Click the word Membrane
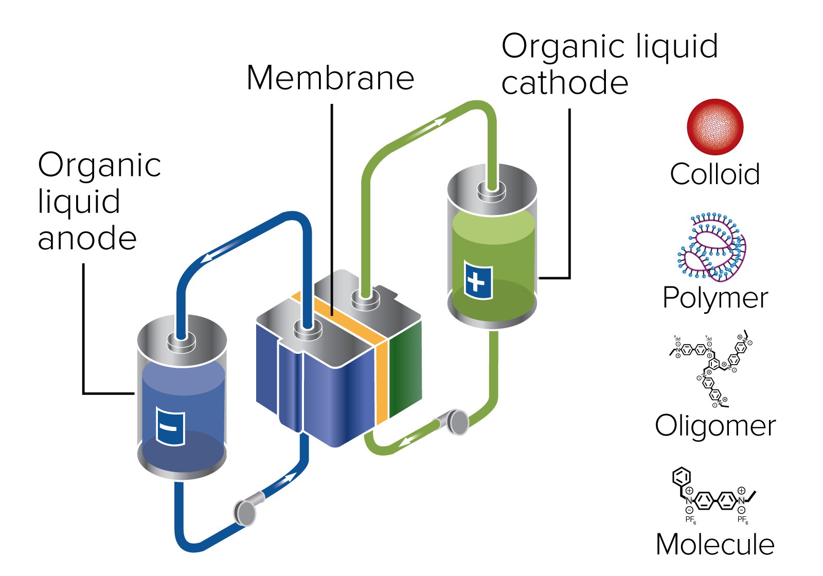pos(330,78)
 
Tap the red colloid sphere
pos(715,127)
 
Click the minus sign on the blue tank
pos(170,427)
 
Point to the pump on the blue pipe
pos(245,511)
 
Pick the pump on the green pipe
pos(456,422)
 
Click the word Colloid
pos(714,174)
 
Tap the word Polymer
pos(715,298)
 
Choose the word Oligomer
pos(715,426)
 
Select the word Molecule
pos(715,544)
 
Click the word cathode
pos(564,83)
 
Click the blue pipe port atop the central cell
pos(307,329)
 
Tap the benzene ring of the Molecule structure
pos(682,477)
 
